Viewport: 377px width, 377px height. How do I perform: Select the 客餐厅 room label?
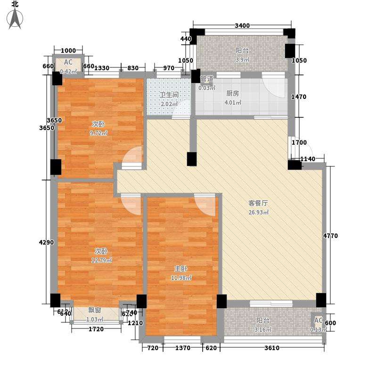click(258, 204)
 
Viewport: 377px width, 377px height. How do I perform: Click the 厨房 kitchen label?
click(233, 93)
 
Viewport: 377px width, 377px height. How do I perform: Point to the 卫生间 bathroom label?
click(169, 95)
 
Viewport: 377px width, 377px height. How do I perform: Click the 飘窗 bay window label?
click(95, 310)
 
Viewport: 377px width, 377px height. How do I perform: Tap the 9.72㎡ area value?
click(99, 133)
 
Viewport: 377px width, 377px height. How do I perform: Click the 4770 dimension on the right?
click(331, 236)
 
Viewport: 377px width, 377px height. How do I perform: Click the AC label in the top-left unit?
click(68, 62)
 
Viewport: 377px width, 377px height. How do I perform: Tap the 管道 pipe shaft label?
click(207, 79)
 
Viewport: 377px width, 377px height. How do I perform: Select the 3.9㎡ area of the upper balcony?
click(242, 60)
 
